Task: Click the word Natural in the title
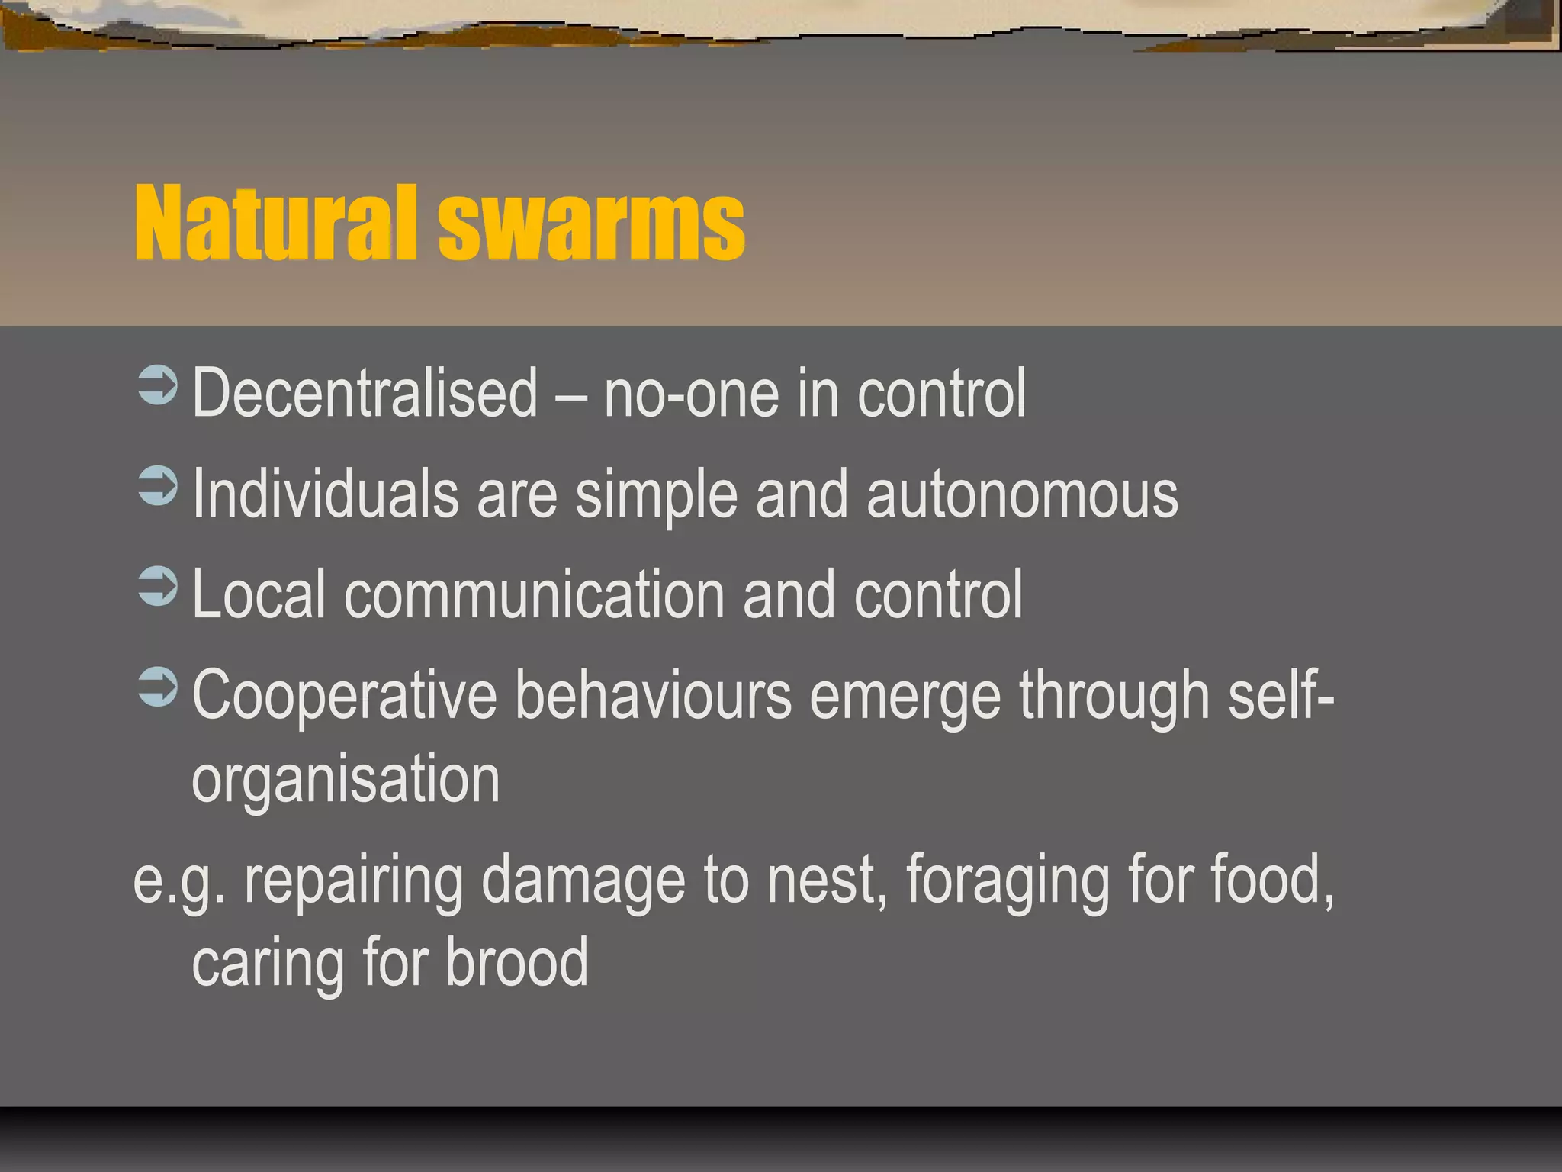275,224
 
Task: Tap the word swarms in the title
591,224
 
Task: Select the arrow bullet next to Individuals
158,486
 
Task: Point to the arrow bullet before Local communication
158,587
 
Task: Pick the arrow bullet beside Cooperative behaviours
158,687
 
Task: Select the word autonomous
1022,495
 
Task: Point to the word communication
534,594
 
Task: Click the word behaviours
653,694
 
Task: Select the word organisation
346,781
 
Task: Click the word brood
516,962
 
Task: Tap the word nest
826,881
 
